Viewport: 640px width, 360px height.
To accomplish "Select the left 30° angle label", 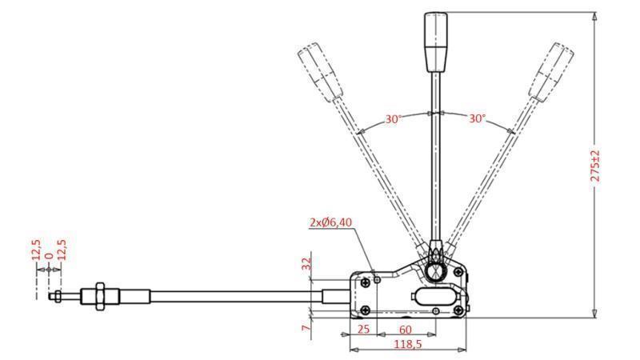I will [393, 118].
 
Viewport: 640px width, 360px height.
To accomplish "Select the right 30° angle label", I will [477, 118].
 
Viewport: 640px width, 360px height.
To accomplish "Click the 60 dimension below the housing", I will [406, 328].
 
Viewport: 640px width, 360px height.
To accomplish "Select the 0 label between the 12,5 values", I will [48, 258].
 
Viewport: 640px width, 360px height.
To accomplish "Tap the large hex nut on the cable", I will [99, 295].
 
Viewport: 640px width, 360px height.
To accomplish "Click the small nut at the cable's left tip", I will [58, 298].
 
